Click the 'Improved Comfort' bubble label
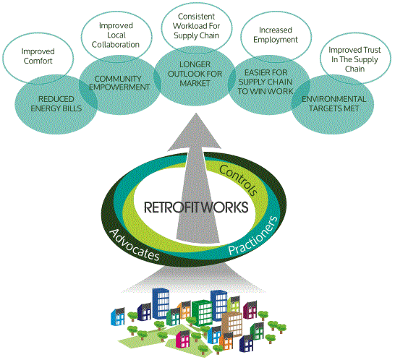(38, 56)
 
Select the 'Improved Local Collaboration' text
(116, 35)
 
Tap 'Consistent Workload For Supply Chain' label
(196, 26)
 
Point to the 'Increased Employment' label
(276, 35)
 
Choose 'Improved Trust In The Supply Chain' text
(354, 59)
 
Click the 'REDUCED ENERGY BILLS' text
(56, 103)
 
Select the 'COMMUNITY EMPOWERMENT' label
(119, 83)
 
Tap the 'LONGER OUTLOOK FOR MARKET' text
(195, 74)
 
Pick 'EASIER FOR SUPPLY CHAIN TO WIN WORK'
(266, 82)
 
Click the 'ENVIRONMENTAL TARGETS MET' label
(334, 103)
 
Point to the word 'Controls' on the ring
(238, 180)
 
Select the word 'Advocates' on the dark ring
(135, 245)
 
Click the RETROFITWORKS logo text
(196, 207)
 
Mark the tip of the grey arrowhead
(196, 113)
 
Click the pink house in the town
(182, 338)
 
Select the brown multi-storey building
(232, 324)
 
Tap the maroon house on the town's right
(250, 309)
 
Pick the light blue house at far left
(118, 317)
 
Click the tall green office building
(202, 313)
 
